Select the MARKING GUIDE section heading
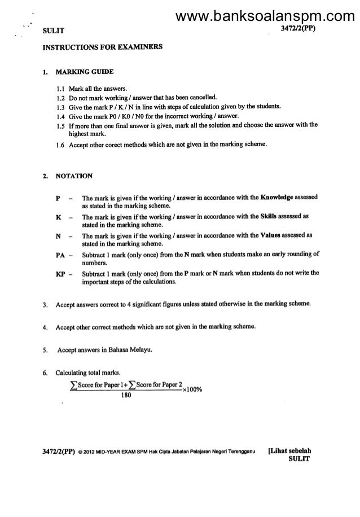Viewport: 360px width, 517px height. click(85, 72)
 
